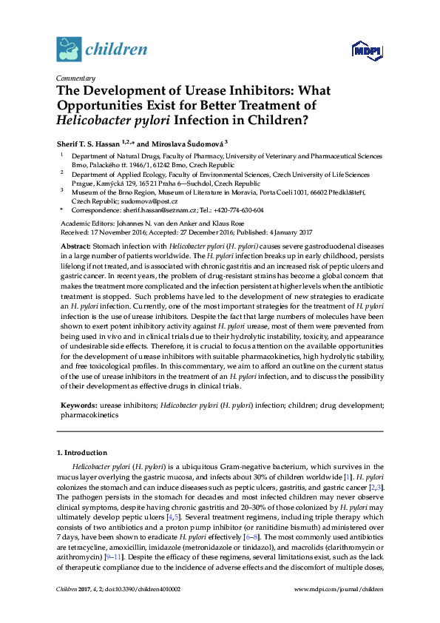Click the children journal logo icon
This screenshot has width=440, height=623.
point(69,50)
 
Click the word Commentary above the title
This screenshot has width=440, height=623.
point(75,78)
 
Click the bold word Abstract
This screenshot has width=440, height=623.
point(75,245)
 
